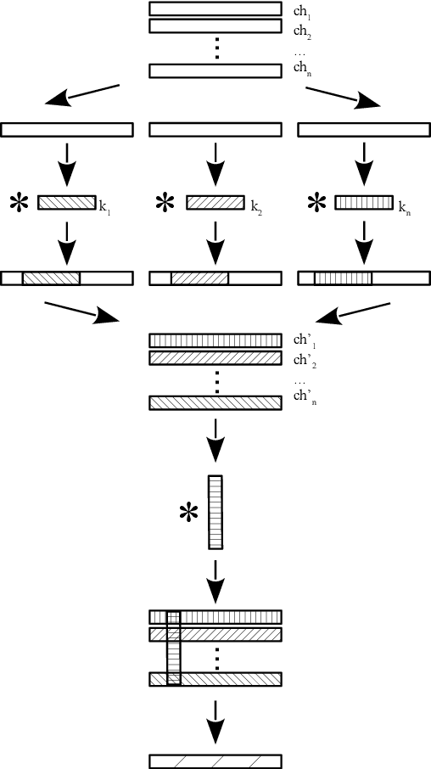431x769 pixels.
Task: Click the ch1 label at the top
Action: [299, 11]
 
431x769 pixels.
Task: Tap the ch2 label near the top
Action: [299, 31]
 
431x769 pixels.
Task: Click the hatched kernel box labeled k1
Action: [67, 203]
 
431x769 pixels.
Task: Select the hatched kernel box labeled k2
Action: [215, 203]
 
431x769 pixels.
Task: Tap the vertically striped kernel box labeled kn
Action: [364, 203]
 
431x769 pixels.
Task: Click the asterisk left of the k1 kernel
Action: [17, 203]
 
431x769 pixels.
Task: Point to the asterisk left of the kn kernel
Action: [316, 203]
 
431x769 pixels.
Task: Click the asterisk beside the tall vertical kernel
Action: [188, 514]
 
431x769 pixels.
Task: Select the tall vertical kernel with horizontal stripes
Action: [215, 512]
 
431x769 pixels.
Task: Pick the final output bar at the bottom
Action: [215, 761]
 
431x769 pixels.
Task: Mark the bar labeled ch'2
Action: [215, 358]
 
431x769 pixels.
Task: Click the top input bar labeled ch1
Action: [215, 9]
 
